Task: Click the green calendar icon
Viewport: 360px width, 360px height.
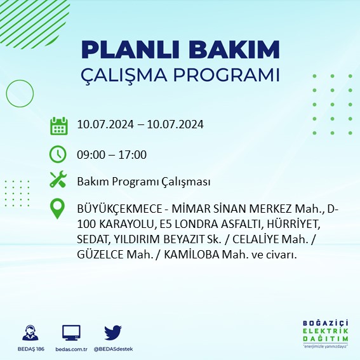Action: [58, 125]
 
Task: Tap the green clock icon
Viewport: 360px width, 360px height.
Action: [58, 154]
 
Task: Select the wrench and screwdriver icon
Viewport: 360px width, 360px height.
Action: [58, 180]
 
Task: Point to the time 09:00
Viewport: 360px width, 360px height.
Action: [90, 154]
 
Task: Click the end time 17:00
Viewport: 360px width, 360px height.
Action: [133, 154]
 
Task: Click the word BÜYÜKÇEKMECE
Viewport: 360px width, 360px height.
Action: [117, 209]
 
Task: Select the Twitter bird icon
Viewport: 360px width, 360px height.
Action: [113, 331]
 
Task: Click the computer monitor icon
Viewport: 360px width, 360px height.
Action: [71, 332]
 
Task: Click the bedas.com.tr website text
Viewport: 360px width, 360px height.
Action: [71, 349]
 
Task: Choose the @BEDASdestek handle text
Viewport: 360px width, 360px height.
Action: [113, 349]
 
